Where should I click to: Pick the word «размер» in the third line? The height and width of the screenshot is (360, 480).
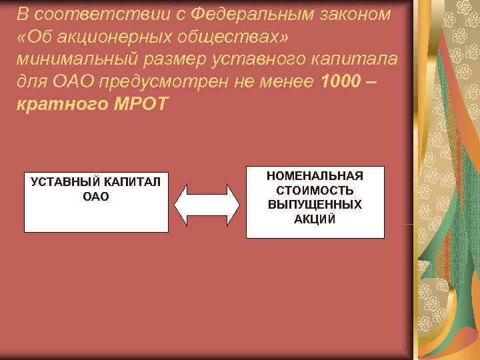click(173, 58)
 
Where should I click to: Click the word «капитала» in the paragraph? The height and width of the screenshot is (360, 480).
click(356, 58)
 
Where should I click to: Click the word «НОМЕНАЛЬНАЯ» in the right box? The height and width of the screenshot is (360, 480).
click(315, 176)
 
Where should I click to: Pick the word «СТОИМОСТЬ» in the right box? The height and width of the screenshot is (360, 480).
click(315, 190)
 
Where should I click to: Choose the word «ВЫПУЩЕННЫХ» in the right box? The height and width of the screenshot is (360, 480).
click(315, 204)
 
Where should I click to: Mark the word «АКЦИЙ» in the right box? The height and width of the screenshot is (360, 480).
click(315, 218)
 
